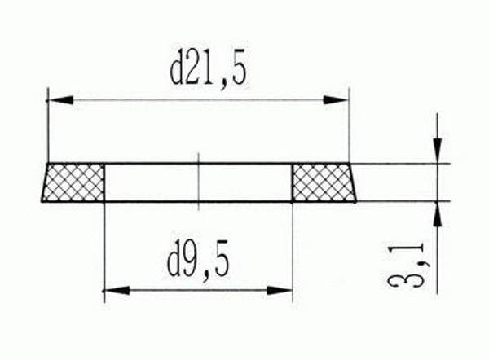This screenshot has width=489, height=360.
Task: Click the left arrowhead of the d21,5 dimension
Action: point(57,100)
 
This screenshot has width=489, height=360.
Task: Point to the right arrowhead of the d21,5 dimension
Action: point(337,100)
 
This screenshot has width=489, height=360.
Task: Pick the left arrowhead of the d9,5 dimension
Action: point(115,289)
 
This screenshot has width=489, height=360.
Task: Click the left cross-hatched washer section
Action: point(74,182)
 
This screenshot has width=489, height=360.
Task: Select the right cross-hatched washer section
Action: point(323,182)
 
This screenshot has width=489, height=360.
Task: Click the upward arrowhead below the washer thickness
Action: point(438,212)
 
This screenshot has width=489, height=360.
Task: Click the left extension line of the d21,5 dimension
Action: point(47,122)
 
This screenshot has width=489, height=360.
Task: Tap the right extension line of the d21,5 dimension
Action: point(349,122)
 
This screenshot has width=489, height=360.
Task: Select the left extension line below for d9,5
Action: point(105,244)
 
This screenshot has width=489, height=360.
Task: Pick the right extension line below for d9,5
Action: point(292,244)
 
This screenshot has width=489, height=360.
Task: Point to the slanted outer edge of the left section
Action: point(44,182)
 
